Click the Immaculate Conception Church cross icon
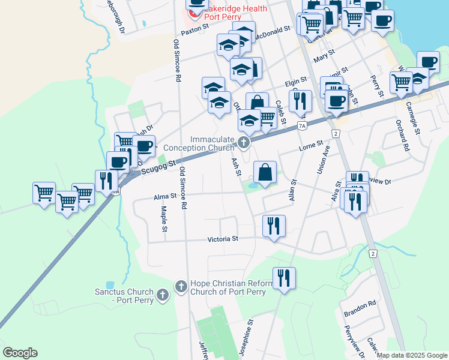(243, 143)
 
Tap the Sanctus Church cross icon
(161, 295)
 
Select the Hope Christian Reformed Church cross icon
(181, 287)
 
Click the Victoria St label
(223, 239)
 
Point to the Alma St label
(164, 196)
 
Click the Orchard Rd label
(406, 137)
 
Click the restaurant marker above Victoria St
(274, 227)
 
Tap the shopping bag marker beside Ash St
(265, 173)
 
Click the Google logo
(20, 353)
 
